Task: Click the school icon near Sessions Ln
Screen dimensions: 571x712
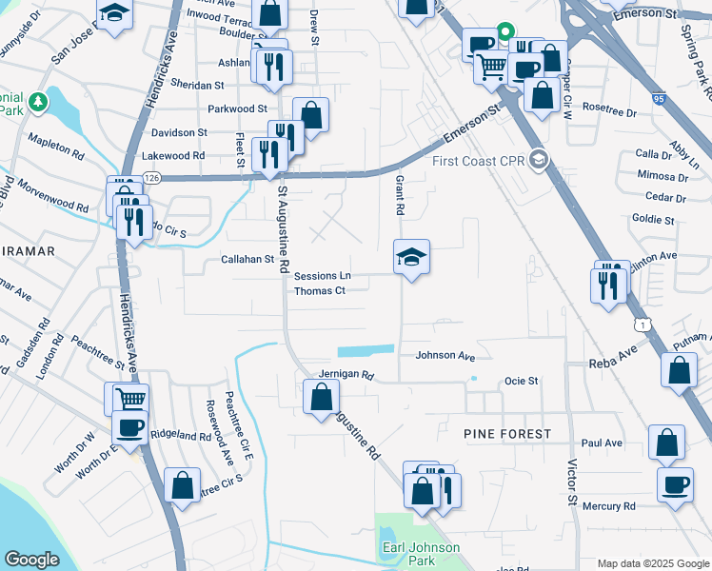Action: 411,257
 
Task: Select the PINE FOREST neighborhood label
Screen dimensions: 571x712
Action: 507,434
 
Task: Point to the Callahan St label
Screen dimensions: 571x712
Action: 247,259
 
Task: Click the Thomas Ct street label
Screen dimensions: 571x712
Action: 319,290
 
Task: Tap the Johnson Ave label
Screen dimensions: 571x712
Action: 445,356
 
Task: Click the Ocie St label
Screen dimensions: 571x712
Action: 522,381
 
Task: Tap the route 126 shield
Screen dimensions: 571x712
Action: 152,177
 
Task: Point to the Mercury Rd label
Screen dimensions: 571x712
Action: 608,506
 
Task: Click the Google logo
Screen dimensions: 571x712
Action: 32,560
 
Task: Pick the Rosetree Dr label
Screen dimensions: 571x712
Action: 609,109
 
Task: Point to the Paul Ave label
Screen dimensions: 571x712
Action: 602,443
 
